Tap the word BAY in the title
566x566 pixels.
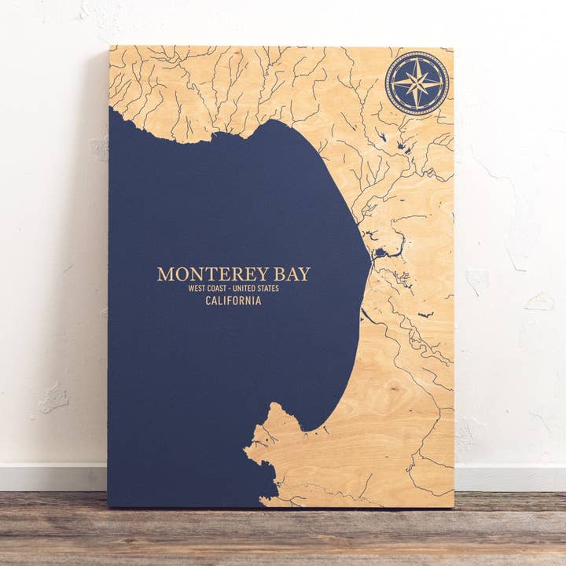pyautogui.click(x=290, y=274)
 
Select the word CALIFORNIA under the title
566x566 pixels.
pyautogui.click(x=233, y=301)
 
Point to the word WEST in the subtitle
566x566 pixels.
pyautogui.click(x=196, y=289)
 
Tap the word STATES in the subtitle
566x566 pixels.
pyautogui.click(x=270, y=289)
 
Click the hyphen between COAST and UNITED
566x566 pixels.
pyautogui.click(x=233, y=289)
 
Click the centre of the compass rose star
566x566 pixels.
pyautogui.click(x=417, y=83)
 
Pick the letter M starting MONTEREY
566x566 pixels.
pyautogui.click(x=164, y=274)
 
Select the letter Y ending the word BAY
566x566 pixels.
pyautogui.click(x=304, y=274)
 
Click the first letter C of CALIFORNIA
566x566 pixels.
pyautogui.click(x=208, y=301)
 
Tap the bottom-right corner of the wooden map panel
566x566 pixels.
pyautogui.click(x=454, y=507)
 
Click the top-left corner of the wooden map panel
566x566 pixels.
pyautogui.click(x=109, y=46)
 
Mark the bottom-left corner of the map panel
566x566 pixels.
pyautogui.click(x=108, y=507)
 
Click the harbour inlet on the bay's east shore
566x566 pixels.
pyautogui.click(x=380, y=252)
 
